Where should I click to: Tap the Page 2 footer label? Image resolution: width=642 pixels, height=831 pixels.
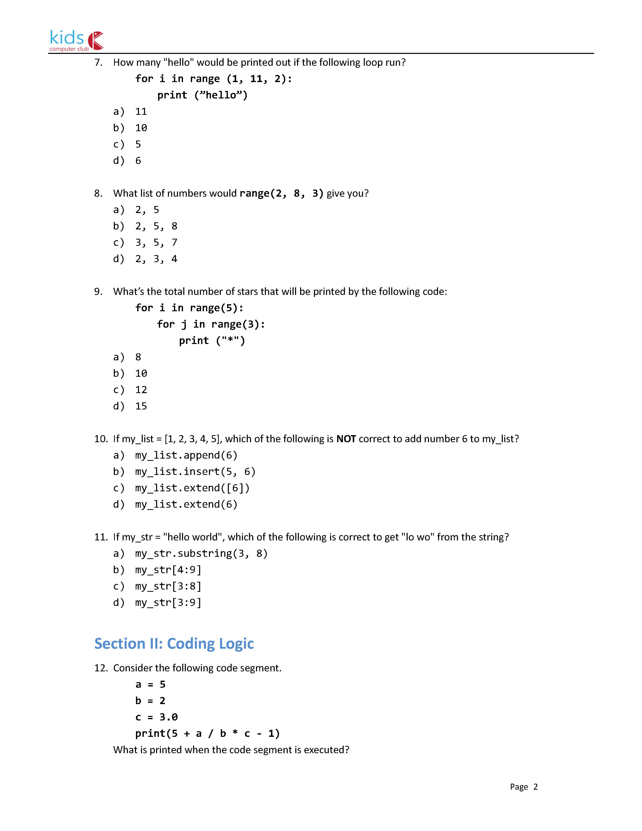point(524,786)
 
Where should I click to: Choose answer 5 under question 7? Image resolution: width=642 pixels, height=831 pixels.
point(138,144)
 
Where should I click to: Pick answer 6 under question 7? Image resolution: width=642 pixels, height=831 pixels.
point(138,161)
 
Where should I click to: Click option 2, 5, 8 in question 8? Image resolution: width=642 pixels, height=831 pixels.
point(156,226)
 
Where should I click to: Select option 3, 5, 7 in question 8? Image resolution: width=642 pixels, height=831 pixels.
point(156,242)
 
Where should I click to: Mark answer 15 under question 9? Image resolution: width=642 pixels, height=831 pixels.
point(141,406)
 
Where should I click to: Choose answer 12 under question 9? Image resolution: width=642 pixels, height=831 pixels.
point(141,390)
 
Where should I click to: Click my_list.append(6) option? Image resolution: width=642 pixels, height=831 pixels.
point(186,455)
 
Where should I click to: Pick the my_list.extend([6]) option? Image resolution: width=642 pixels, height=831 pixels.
point(192,488)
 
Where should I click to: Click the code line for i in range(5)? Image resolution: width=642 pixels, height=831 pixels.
point(189,307)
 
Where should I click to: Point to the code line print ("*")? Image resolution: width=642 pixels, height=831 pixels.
point(212,340)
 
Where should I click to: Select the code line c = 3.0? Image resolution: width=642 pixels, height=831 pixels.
point(156,717)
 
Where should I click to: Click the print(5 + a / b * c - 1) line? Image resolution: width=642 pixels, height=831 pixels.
point(207,733)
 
